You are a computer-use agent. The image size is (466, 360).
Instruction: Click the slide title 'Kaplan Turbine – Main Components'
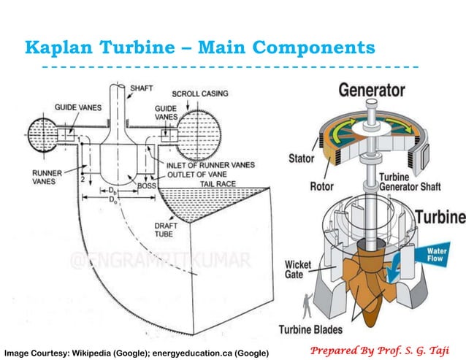pos(199,48)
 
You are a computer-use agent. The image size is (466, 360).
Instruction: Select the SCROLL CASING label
pos(199,93)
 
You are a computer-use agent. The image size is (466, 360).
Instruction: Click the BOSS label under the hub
pos(148,187)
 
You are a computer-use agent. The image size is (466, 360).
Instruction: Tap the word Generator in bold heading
pos(371,91)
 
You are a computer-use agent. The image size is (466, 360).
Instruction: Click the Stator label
pos(300,158)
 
